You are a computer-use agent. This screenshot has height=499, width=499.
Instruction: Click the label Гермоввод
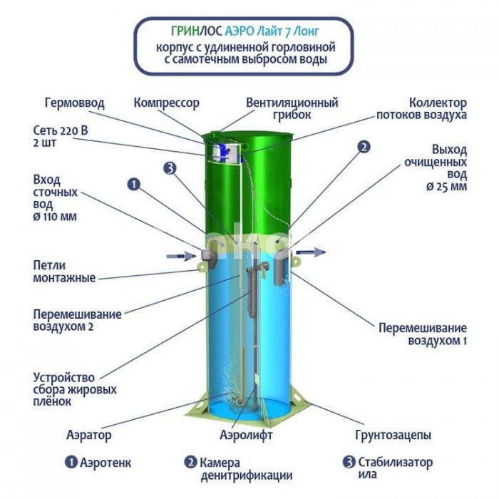tap(74, 103)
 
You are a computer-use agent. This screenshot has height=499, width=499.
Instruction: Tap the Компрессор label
tap(166, 103)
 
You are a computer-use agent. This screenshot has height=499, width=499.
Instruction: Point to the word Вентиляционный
tap(292, 103)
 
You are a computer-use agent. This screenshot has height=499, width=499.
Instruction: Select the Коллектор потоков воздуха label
tap(422, 109)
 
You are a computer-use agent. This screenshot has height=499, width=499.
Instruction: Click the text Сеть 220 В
tap(61, 130)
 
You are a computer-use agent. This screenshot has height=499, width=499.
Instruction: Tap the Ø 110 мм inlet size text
tap(55, 217)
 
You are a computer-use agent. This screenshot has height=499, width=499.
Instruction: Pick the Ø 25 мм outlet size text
tap(446, 187)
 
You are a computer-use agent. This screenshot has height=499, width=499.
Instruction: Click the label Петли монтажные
tap(64, 272)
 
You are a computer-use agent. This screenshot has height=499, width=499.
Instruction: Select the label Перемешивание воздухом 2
tap(77, 321)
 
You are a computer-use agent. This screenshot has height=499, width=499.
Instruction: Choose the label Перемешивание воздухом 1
tap(423, 334)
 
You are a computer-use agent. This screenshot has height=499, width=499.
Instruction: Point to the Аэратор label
tap(89, 435)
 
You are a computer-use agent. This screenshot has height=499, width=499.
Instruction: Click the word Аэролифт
tap(246, 435)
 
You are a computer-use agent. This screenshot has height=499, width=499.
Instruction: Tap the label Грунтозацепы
tap(393, 435)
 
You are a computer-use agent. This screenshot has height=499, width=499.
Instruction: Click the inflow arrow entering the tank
tap(181, 255)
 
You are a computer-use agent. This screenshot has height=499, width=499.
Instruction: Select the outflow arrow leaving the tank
tap(311, 252)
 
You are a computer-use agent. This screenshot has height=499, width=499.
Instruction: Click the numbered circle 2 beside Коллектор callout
tap(364, 147)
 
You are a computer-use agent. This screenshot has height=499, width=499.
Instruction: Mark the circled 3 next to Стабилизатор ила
tap(349, 462)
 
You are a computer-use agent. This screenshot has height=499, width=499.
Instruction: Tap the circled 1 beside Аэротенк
tap(71, 462)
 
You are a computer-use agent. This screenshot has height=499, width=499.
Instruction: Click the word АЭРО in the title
tap(240, 31)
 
